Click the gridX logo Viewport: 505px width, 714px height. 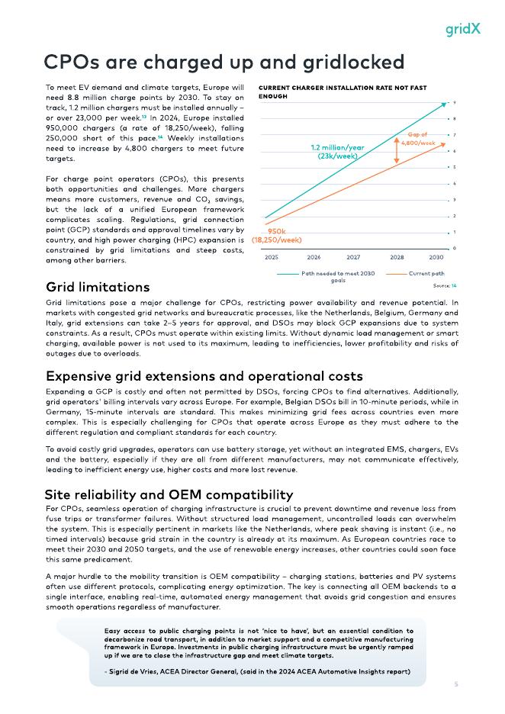pyautogui.click(x=463, y=29)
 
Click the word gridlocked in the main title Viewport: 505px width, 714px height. pyautogui.click(x=341, y=61)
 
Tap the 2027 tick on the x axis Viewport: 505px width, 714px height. pyautogui.click(x=353, y=258)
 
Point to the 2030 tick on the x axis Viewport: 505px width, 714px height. pyautogui.click(x=436, y=258)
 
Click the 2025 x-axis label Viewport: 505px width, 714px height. pyautogui.click(x=272, y=258)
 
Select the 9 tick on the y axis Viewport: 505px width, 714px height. pyautogui.click(x=455, y=102)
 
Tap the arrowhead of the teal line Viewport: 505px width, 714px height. pyautogui.click(x=444, y=105)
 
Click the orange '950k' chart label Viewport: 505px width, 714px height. pyautogui.click(x=276, y=230)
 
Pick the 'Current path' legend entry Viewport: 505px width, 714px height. pyautogui.click(x=426, y=273)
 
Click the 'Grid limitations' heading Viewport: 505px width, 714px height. pyautogui.click(x=98, y=288)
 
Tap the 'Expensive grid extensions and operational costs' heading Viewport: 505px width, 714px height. pyautogui.click(x=204, y=376)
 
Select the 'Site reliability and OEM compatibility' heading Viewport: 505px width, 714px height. pyautogui.click(x=169, y=494)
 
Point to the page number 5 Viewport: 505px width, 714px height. pyautogui.click(x=456, y=684)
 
